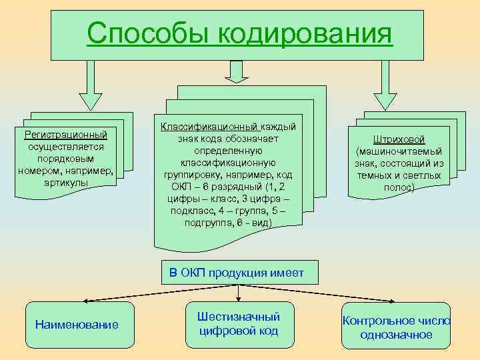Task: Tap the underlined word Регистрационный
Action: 65,135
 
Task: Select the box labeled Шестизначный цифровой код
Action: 239,324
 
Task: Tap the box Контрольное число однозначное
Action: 396,327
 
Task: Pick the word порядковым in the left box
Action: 65,159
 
